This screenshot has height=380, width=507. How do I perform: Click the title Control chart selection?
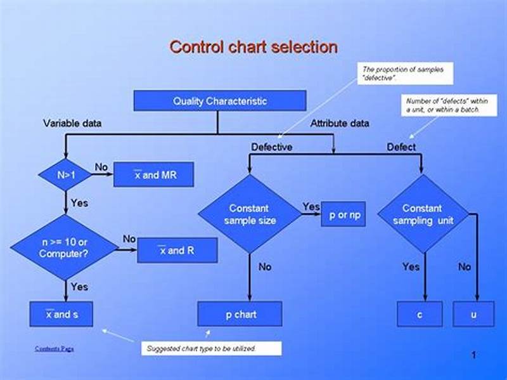[x=253, y=47]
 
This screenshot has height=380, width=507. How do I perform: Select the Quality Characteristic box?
[x=219, y=101]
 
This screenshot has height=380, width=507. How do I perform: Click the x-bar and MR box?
[x=154, y=175]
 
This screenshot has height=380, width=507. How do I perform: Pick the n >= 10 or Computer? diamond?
[x=66, y=247]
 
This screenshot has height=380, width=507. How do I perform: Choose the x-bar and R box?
[x=177, y=251]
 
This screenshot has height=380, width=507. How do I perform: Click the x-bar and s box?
[x=61, y=314]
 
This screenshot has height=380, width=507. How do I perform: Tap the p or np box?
[x=345, y=214]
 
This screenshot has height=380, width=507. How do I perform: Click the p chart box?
[x=240, y=314]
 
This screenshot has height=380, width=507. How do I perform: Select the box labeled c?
[x=420, y=314]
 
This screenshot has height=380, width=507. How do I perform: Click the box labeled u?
[x=473, y=314]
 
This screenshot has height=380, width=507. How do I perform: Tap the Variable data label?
[x=72, y=123]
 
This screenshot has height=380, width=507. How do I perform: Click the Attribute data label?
[x=339, y=123]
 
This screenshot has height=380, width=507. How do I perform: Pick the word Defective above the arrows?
[x=271, y=147]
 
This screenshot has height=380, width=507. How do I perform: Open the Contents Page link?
[x=55, y=348]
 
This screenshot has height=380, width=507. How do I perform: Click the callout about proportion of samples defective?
[x=406, y=73]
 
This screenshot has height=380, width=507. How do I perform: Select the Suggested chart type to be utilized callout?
[x=211, y=348]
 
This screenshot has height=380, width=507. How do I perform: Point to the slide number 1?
[x=473, y=355]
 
